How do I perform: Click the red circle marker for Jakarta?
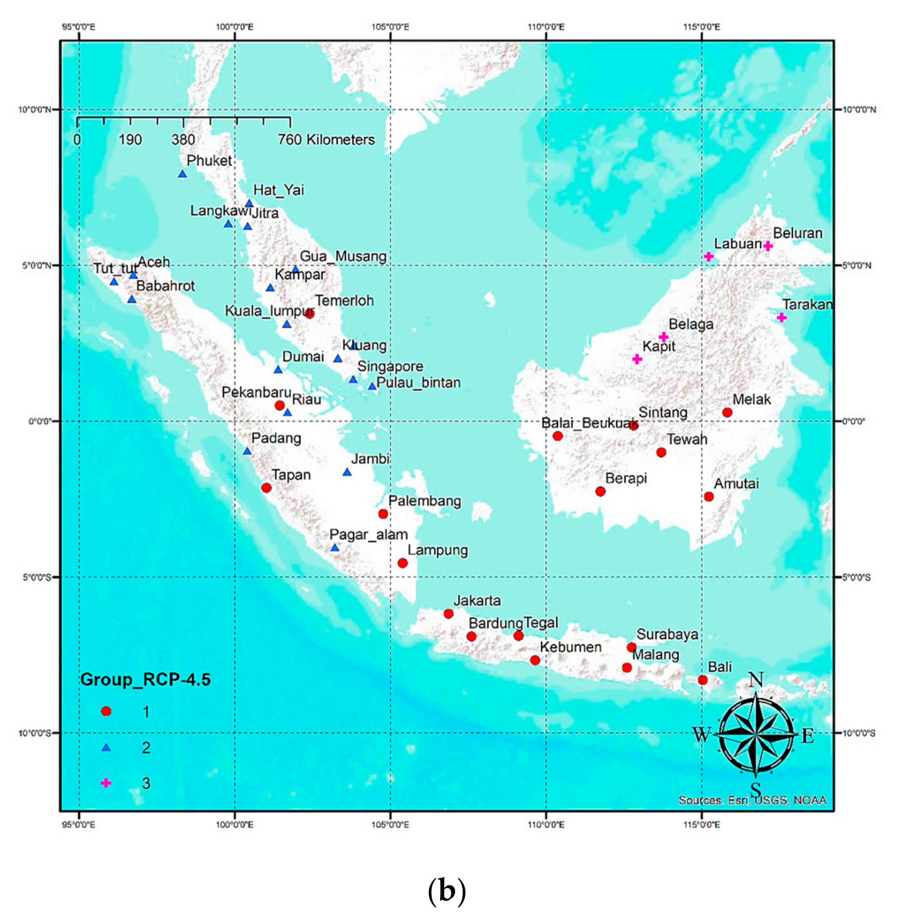point(448,614)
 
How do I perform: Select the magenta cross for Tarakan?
point(782,317)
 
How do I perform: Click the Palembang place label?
point(425,501)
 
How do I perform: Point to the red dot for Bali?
point(702,680)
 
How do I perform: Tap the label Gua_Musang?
point(343,256)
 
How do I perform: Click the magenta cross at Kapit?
point(637,359)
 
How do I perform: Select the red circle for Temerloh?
point(309,314)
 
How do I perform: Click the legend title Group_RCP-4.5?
point(145,680)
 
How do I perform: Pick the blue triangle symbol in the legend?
point(106,747)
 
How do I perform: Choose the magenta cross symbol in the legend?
point(106,783)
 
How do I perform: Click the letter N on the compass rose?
point(756,680)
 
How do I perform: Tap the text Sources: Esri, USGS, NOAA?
point(753,800)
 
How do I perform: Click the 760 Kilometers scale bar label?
point(326,139)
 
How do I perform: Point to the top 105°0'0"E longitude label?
point(390,27)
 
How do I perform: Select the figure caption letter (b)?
point(447,891)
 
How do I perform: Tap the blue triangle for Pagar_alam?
point(335,547)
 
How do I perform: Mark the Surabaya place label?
point(667,634)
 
